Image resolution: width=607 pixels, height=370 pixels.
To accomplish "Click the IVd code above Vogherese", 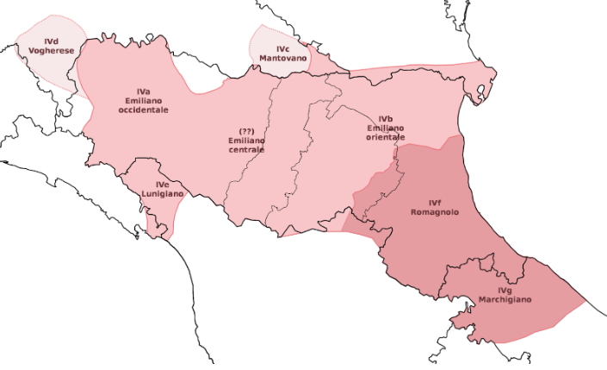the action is click(x=51, y=41).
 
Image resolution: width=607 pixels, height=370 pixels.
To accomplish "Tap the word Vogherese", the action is click(x=51, y=52).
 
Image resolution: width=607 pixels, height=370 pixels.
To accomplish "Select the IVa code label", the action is click(x=143, y=91).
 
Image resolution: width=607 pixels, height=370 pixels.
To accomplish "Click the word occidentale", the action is click(x=143, y=110).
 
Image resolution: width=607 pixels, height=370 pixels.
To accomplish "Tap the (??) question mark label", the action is click(x=246, y=130).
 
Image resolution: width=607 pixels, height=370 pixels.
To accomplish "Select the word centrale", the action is click(x=246, y=149).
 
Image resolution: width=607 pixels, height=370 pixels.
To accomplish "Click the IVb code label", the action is click(x=385, y=118).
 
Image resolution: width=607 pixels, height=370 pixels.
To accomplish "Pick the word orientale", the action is click(x=385, y=137).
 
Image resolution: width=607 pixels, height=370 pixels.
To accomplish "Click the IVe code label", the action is click(x=163, y=185).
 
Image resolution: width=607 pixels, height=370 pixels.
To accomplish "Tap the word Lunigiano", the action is click(x=163, y=194).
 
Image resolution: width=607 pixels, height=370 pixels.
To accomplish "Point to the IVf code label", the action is click(x=433, y=202).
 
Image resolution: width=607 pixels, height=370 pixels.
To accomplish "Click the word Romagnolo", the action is click(x=433, y=212).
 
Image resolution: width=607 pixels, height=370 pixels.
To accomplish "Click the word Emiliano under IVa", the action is click(x=143, y=101).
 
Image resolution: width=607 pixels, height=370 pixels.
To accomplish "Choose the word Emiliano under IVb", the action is click(x=385, y=128).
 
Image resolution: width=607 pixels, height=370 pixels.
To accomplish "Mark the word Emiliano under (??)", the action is click(x=246, y=140).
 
